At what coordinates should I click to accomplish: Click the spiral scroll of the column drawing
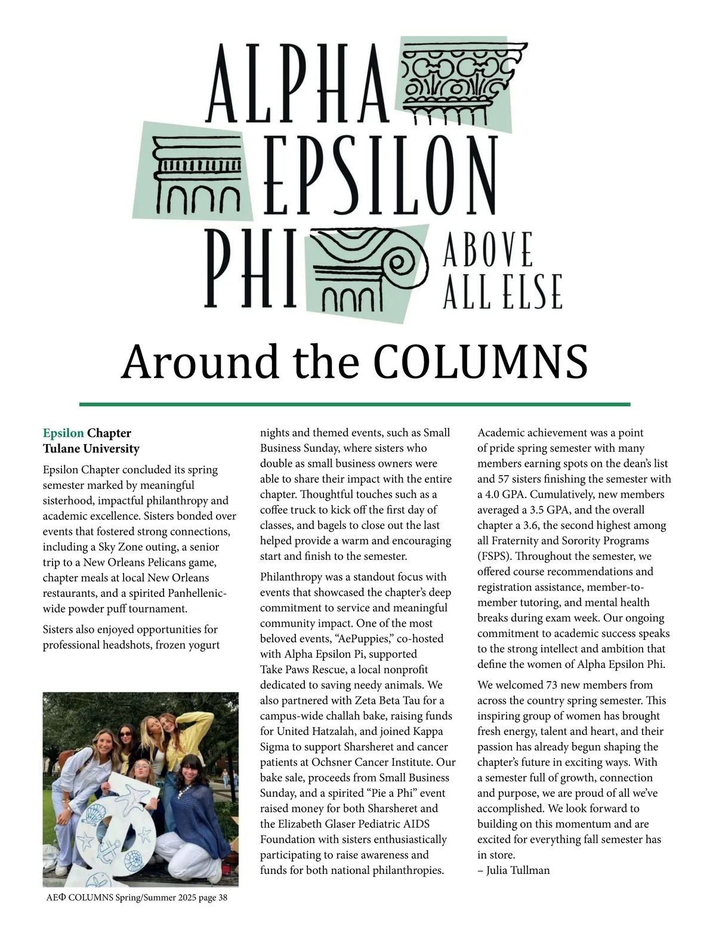click(x=406, y=262)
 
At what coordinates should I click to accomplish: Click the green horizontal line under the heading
click(x=354, y=404)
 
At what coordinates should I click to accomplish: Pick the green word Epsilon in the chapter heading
click(x=63, y=433)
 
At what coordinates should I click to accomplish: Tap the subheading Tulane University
click(x=91, y=448)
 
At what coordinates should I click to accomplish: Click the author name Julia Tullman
click(x=518, y=870)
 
